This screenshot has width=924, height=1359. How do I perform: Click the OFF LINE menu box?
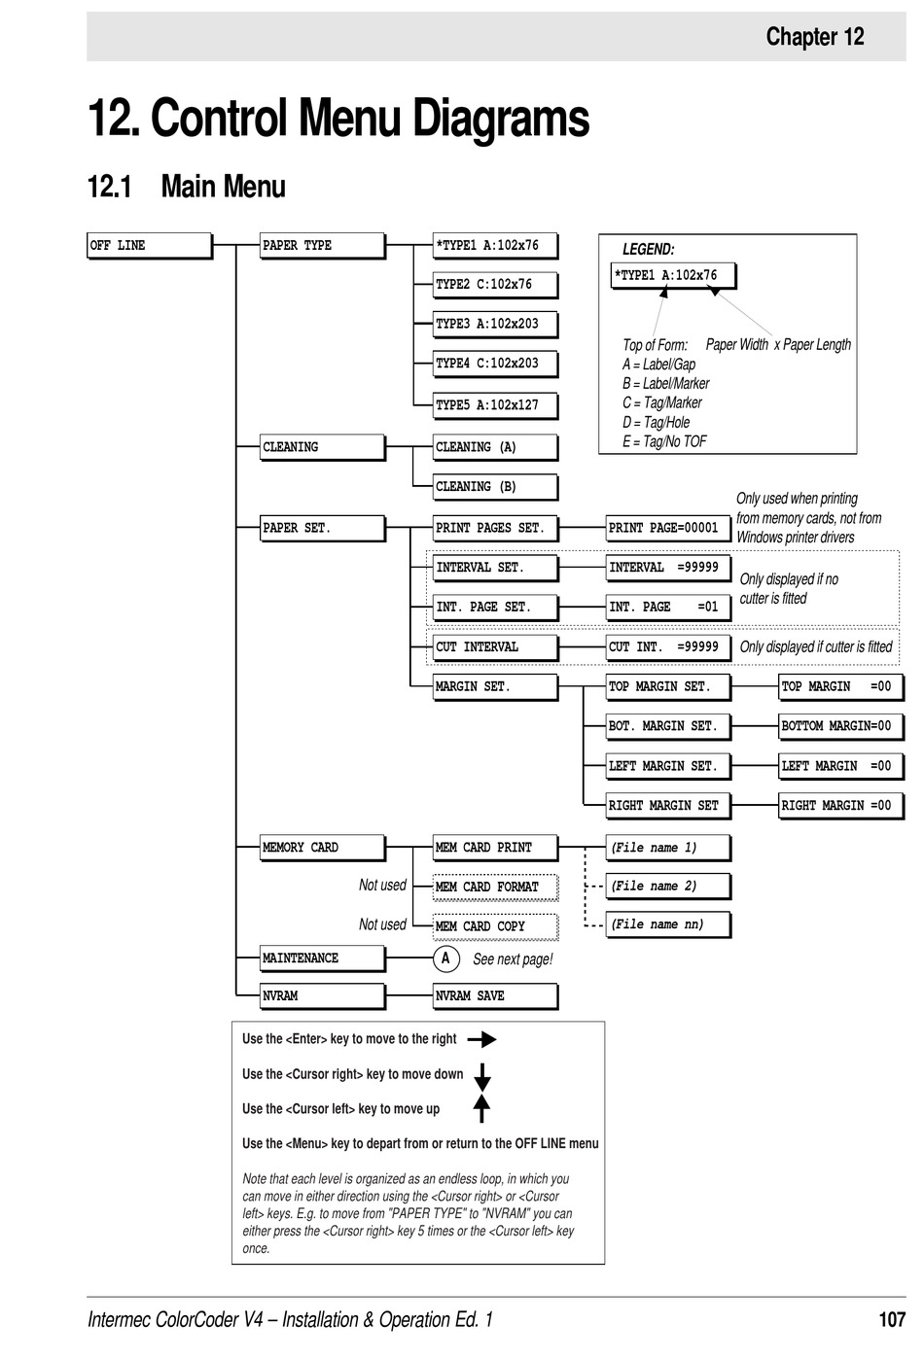click(149, 246)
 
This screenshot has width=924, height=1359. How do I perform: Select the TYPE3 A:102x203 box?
click(495, 325)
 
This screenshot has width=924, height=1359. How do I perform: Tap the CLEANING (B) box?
click(495, 487)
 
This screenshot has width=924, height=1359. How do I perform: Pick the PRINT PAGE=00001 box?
click(667, 528)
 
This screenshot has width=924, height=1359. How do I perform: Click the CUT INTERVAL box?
click(495, 647)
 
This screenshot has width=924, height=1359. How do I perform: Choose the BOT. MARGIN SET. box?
click(667, 726)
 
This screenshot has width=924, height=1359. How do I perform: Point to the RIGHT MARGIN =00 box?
click(840, 806)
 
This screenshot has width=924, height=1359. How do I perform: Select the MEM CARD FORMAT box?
click(495, 887)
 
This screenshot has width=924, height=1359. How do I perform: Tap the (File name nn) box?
click(667, 924)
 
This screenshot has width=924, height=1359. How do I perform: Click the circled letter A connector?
click(445, 959)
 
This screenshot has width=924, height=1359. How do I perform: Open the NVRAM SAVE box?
click(495, 996)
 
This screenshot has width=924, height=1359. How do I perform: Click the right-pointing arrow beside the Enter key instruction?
click(481, 1039)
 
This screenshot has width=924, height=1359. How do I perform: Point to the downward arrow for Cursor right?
click(481, 1076)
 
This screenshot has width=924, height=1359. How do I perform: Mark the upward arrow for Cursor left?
click(481, 1108)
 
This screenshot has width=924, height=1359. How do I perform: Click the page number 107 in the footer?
click(891, 1319)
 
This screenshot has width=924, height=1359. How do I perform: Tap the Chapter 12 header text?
click(814, 37)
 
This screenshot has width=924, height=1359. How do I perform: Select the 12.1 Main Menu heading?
click(187, 186)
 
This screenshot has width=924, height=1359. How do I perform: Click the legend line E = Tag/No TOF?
click(665, 441)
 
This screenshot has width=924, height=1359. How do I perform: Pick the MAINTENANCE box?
click(322, 958)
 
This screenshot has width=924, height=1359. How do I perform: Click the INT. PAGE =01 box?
click(667, 608)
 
